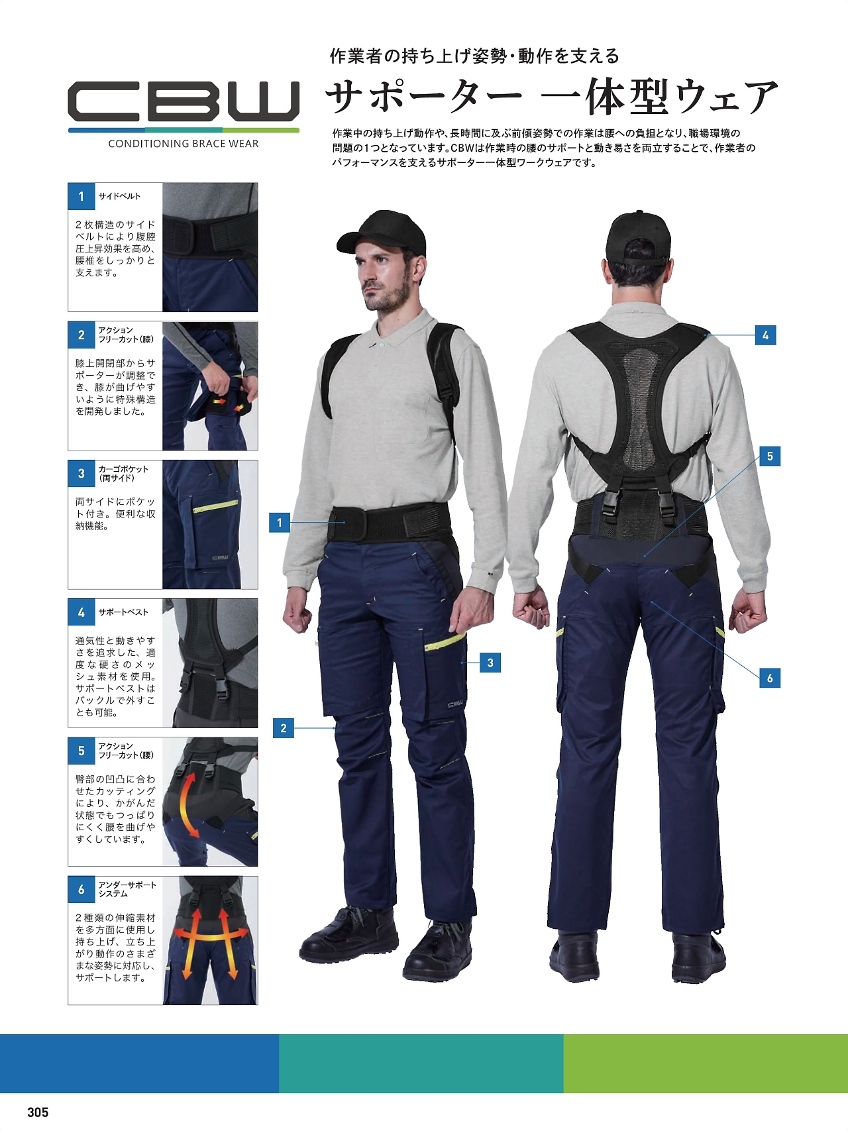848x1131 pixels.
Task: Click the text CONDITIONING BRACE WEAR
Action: (x=184, y=144)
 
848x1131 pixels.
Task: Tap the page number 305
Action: (x=38, y=1112)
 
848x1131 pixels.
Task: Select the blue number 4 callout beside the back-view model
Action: (x=765, y=335)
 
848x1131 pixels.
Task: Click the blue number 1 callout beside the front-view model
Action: (x=279, y=522)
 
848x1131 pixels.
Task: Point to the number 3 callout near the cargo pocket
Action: (x=490, y=663)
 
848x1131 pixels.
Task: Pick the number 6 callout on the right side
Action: (x=770, y=678)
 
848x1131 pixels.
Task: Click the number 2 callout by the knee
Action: (x=284, y=728)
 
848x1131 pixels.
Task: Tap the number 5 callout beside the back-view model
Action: (x=770, y=456)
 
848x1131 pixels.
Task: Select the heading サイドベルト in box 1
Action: (x=119, y=196)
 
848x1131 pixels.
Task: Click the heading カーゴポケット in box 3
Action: (x=123, y=468)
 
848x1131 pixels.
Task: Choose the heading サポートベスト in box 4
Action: (x=123, y=612)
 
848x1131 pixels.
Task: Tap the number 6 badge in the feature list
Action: (x=81, y=889)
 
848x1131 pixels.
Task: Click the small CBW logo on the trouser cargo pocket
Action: (x=455, y=704)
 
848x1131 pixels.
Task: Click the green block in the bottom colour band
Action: (x=706, y=1063)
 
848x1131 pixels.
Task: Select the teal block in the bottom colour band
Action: (x=421, y=1063)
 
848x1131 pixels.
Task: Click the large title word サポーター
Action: (x=424, y=97)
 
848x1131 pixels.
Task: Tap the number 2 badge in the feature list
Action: (x=81, y=335)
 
